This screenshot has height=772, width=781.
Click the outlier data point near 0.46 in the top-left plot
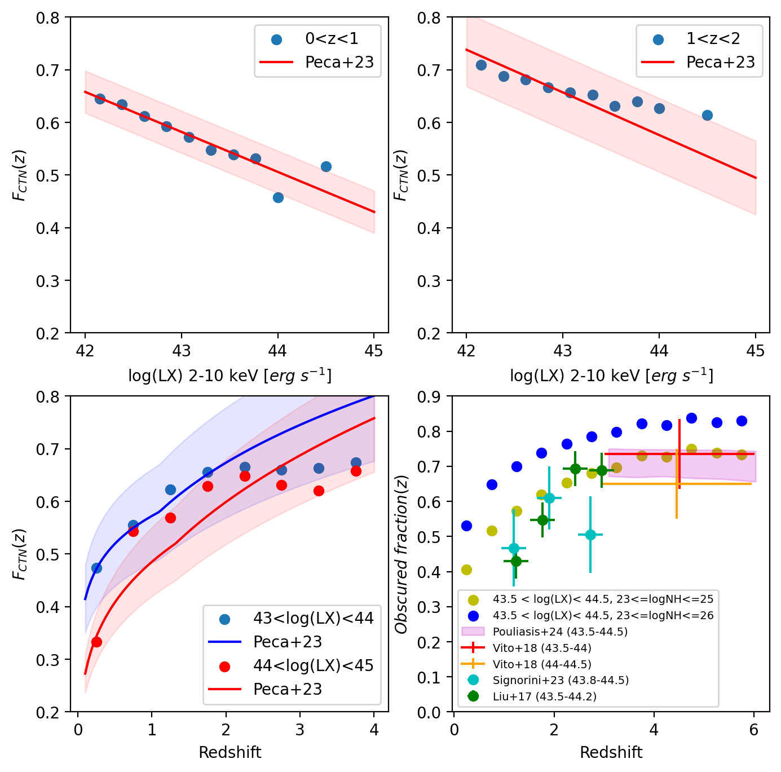[278, 197]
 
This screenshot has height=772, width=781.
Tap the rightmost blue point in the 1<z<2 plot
[707, 115]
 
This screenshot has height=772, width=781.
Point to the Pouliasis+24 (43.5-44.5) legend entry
[560, 632]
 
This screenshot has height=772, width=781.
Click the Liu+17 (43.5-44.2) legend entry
[544, 696]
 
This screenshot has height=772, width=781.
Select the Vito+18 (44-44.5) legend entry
[542, 664]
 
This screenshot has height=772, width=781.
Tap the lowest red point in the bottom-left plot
[96, 642]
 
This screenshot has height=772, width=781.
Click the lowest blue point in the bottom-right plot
[466, 526]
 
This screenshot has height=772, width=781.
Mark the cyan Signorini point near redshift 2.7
[590, 535]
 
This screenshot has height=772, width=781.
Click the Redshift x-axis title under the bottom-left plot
[230, 752]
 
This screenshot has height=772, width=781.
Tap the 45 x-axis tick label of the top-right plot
[756, 351]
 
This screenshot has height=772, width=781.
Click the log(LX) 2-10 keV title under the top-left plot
[230, 376]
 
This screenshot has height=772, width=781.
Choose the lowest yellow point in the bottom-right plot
[466, 570]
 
